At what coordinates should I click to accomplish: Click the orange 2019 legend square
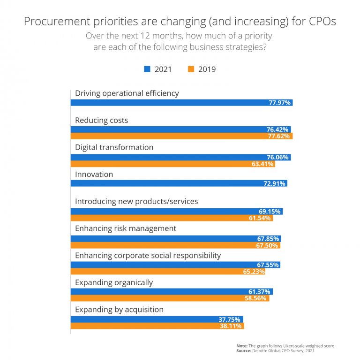pyautogui.click(x=190, y=69)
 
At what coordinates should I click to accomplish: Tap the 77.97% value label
pyautogui.click(x=280, y=103)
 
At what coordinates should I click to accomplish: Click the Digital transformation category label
pyautogui.click(x=114, y=147)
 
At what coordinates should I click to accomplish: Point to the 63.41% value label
pyautogui.click(x=263, y=164)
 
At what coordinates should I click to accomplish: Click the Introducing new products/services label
pyautogui.click(x=136, y=201)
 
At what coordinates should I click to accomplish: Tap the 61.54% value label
pyautogui.click(x=261, y=218)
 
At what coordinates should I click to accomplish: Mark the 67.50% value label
pyautogui.click(x=268, y=245)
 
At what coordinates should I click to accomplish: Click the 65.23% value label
pyautogui.click(x=254, y=272)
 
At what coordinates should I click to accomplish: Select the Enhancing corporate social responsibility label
pyautogui.click(x=148, y=256)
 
